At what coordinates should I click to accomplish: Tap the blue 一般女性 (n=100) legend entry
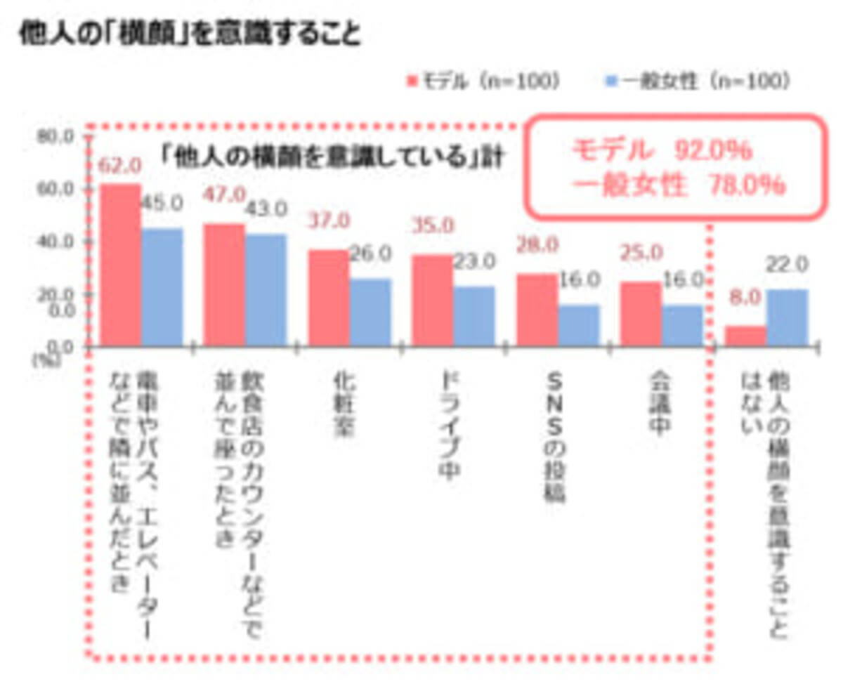pos(696,81)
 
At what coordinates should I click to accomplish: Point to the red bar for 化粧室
pos(329,298)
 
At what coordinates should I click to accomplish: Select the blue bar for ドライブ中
pos(473,316)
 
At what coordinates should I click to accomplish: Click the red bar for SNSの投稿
pos(537,310)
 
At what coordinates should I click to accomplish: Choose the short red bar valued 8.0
pos(745,336)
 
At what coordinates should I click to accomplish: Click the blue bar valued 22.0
pos(787,317)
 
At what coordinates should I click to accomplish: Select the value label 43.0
pos(266,209)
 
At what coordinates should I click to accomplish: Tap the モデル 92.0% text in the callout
pos(660,150)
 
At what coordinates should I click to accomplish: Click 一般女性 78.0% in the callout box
pos(678,186)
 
